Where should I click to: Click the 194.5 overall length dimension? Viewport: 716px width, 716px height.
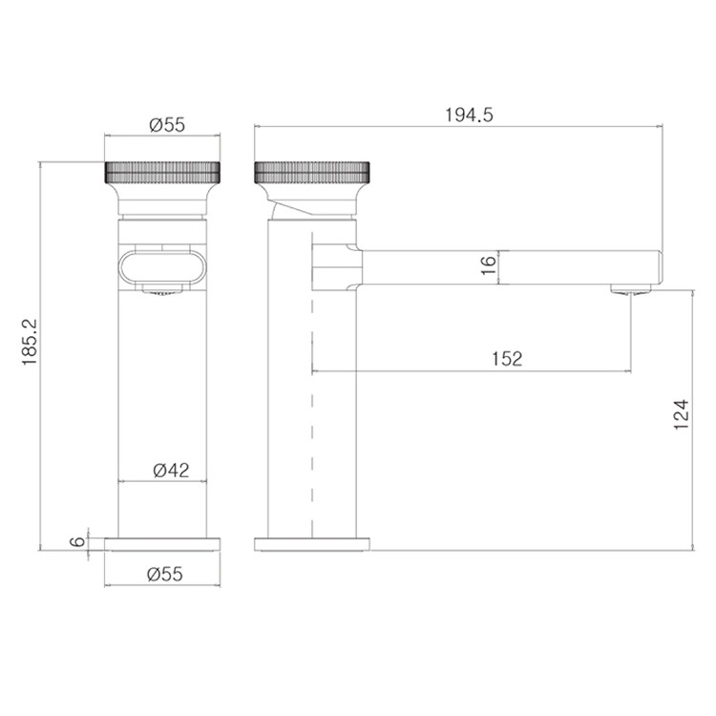[x=469, y=116]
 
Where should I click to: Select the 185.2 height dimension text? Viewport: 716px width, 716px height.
[x=30, y=342]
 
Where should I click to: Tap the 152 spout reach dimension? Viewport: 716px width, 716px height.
[x=507, y=359]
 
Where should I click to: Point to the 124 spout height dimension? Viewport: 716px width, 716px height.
[x=681, y=414]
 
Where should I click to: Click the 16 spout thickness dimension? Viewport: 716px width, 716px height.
[x=488, y=265]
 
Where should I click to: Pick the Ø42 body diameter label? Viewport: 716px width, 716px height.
[x=171, y=470]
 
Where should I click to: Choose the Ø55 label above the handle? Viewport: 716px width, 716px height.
[x=167, y=125]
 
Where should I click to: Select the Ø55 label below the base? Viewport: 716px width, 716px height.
[x=165, y=574]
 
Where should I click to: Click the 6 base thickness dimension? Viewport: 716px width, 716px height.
[x=77, y=541]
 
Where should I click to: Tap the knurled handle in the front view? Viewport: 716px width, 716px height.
[x=162, y=172]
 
